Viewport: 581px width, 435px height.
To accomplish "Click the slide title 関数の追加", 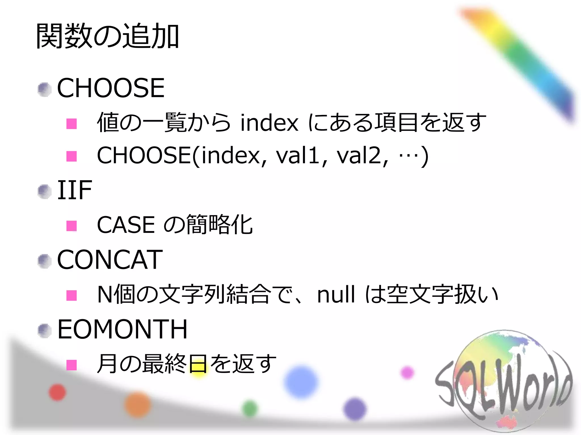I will pos(107,36).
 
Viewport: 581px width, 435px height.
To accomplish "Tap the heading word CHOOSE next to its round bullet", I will pos(111,88).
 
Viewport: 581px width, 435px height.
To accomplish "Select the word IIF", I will pos(75,190).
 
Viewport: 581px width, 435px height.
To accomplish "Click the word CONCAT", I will pos(110,260).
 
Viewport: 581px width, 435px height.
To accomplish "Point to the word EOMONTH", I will pos(122,329).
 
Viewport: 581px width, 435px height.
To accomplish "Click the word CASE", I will pos(126,225).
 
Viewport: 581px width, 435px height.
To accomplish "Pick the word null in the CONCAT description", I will pos(336,295).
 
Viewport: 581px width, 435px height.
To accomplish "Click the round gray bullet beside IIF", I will pos(45,192).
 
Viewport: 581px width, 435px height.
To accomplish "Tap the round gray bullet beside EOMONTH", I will pos(45,330).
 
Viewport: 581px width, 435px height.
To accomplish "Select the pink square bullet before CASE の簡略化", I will pos(71,226).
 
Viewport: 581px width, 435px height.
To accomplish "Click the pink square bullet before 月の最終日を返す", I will pos(71,365).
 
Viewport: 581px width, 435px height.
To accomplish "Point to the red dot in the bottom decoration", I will pos(57,393).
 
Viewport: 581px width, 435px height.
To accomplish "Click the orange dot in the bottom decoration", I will pos(138,405).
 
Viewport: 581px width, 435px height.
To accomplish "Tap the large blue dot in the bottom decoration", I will pos(301,382).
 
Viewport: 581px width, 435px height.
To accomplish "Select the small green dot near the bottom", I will pos(250,409).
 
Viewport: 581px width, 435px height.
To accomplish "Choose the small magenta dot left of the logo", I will pos(407,372).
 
